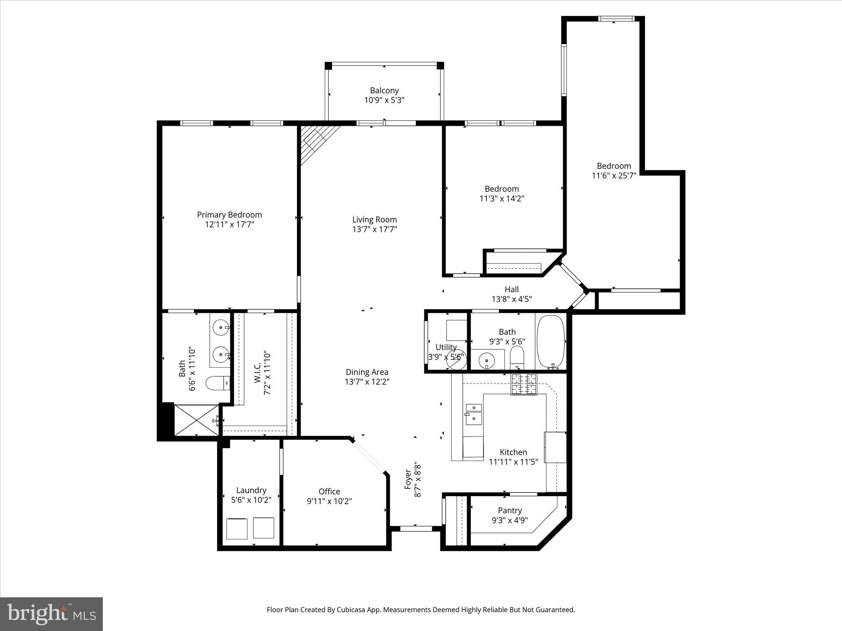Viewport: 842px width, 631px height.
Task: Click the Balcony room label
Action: [384, 90]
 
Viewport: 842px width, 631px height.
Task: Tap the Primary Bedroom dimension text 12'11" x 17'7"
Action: [229, 224]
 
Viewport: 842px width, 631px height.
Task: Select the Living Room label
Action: [374, 220]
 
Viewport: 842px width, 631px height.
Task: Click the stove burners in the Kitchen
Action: [523, 384]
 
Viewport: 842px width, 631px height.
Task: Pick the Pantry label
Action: [509, 510]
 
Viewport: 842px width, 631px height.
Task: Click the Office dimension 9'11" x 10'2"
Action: [329, 501]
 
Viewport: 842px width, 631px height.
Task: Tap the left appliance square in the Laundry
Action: [237, 528]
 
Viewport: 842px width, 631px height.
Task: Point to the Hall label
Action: [511, 289]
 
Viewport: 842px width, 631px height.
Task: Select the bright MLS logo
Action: [51, 614]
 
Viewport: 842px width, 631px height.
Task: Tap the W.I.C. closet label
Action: [257, 373]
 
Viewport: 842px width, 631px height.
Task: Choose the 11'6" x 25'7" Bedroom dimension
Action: [614, 176]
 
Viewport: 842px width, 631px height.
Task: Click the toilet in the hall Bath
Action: [517, 357]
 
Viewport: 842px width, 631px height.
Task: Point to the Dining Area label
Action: [367, 372]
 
